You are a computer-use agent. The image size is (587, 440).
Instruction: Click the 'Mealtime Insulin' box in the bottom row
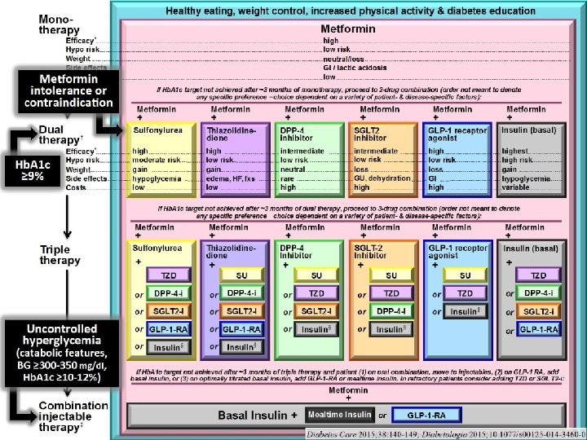[339, 415]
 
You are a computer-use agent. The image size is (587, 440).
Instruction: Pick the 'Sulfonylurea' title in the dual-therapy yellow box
[153, 130]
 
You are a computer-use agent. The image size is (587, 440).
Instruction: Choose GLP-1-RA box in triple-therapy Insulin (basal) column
[538, 329]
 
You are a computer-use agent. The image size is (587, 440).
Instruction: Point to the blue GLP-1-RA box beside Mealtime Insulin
[429, 415]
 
